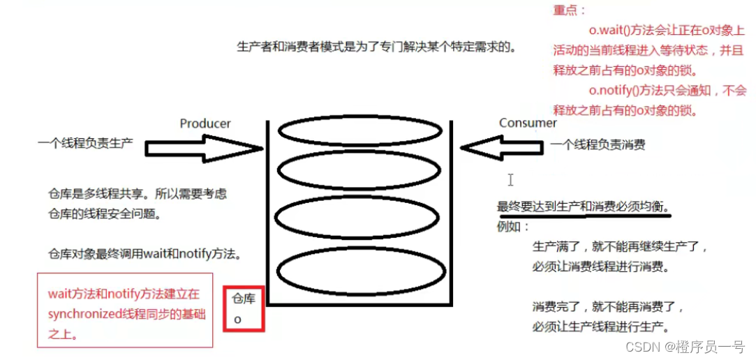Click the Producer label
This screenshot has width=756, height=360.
tap(205, 123)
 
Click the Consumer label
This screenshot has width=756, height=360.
tap(528, 123)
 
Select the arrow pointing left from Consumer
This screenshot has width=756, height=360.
tap(501, 148)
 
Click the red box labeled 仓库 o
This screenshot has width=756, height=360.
tap(244, 308)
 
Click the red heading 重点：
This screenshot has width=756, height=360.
tap(570, 10)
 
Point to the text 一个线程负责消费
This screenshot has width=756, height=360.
tap(598, 145)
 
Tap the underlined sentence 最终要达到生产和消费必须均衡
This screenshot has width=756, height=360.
tap(583, 207)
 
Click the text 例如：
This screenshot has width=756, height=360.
tap(513, 227)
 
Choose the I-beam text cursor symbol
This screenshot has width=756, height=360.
tap(510, 180)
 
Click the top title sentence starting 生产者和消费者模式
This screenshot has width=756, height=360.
tap(376, 47)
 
